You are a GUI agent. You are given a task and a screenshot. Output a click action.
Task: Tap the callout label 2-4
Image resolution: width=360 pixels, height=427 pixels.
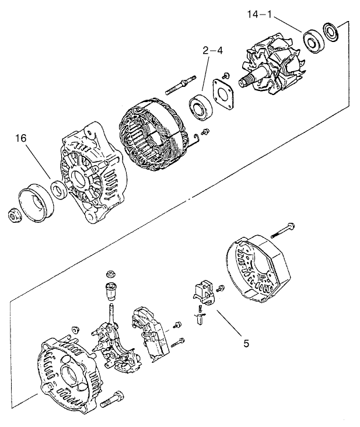212,51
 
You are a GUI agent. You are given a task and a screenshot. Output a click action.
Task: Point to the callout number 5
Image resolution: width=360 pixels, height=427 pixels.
246,344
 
